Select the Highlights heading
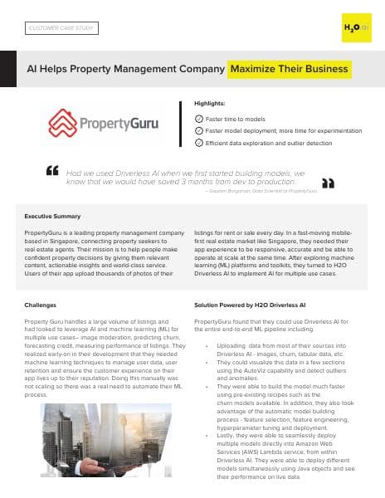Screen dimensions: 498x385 pos(209,102)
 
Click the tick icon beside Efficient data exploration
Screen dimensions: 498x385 pos(197,143)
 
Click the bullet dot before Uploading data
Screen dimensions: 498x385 pos(206,343)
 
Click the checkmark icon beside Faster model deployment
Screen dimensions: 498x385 pos(197,131)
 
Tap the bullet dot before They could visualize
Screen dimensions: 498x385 pos(206,362)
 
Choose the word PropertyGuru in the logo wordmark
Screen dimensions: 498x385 pos(115,125)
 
